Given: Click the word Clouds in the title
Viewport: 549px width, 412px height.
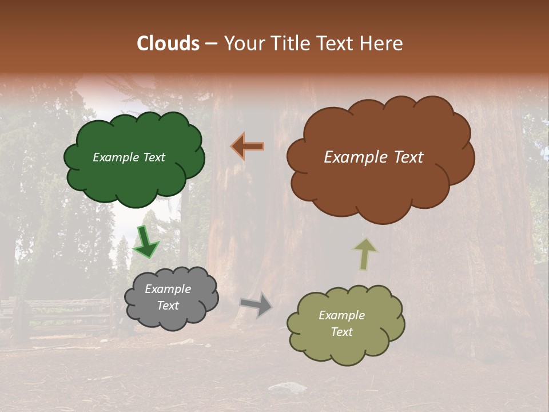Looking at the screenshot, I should pyautogui.click(x=168, y=43).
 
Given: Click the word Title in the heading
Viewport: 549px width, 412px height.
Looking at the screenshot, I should pyautogui.click(x=289, y=43).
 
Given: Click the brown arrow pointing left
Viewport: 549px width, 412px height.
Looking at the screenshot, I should pyautogui.click(x=248, y=146).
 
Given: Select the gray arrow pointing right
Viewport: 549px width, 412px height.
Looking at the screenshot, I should pyautogui.click(x=256, y=304).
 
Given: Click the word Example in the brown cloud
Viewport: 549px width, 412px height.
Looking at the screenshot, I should pyautogui.click(x=351, y=157).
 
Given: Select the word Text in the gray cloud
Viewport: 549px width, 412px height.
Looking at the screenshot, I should pyautogui.click(x=168, y=306).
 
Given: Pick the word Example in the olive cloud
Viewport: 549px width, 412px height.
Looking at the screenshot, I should pyautogui.click(x=341, y=315).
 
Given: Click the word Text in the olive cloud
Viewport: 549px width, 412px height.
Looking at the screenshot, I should pyautogui.click(x=341, y=332).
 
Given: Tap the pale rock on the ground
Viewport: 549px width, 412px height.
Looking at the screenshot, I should pyautogui.click(x=288, y=389).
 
